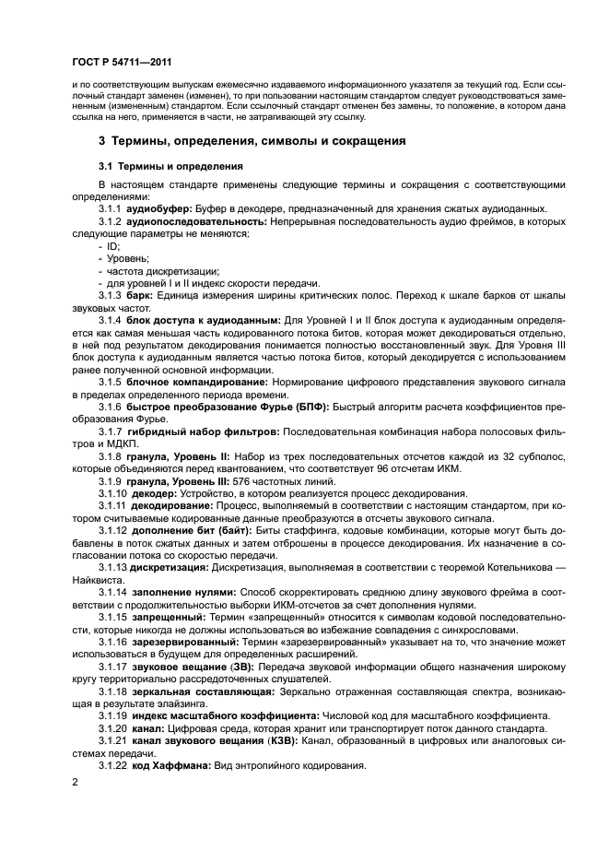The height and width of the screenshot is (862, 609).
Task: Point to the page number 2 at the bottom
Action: click(x=75, y=782)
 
